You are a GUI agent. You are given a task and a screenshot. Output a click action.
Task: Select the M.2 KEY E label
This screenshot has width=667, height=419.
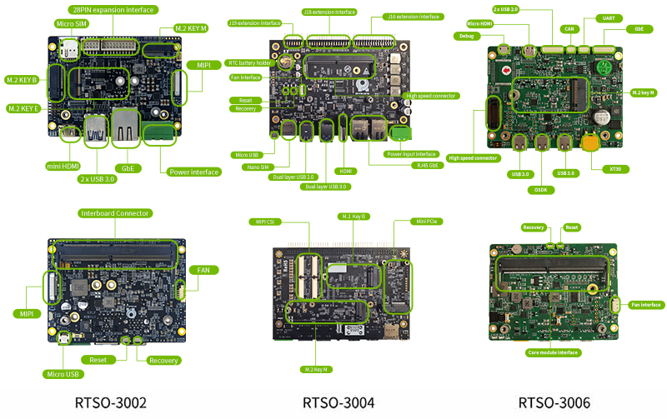coord(25,108)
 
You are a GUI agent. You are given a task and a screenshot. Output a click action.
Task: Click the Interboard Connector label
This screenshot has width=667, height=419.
coord(115,213)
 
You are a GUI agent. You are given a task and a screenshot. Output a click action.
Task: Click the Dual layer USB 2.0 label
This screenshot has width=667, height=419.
coord(294,176)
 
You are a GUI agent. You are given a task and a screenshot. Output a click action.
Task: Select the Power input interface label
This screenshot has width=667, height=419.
coord(412,154)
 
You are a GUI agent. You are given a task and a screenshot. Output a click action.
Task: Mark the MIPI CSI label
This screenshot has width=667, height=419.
coord(265,222)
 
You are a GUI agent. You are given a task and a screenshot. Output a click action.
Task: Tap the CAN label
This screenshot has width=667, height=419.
coord(569,28)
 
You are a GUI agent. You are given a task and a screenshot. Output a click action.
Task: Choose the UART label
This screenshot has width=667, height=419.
coord(608,17)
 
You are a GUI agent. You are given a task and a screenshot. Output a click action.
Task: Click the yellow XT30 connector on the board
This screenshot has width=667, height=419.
coord(591,142)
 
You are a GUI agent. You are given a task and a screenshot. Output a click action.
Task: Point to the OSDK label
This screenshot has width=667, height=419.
coord(541,189)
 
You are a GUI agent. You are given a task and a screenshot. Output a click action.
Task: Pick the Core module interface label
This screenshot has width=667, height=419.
coord(554,352)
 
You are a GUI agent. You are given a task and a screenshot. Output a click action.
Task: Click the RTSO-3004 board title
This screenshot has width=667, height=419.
coord(338,403)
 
